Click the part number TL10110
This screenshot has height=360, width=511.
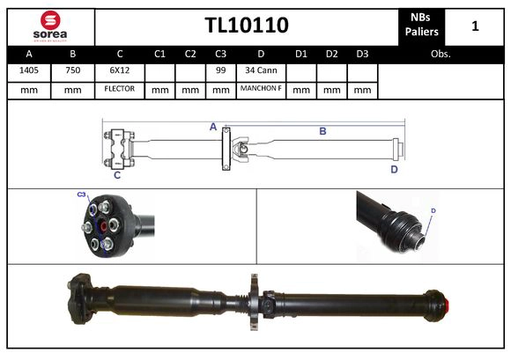coord(246,26)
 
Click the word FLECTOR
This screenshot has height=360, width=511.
coord(120,90)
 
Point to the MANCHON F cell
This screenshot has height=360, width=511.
coord(261,90)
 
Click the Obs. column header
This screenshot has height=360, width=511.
coord(440,54)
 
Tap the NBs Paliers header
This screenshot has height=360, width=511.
coord(422,26)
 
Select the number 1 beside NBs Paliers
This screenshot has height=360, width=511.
coord(475,26)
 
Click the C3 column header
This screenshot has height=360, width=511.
coord(221,54)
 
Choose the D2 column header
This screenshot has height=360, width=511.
coord(331,54)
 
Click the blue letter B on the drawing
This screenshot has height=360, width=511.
coord(322,131)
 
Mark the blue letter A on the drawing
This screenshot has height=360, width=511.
coord(213,127)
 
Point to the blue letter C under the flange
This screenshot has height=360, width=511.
coord(116,175)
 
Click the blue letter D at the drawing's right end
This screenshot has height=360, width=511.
coord(395,169)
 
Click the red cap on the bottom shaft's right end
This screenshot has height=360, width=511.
coord(446,307)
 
